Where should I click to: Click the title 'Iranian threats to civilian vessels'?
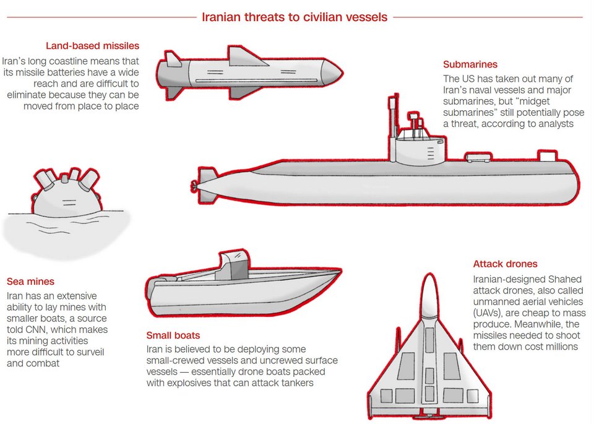pos(295,17)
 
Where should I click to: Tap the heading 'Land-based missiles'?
pos(92,46)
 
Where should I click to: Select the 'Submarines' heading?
pos(470,64)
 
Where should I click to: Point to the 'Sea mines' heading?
pos(30,282)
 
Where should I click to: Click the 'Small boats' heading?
pos(173,335)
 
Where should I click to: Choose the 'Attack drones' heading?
pos(505,264)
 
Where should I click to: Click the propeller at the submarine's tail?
pos(196,185)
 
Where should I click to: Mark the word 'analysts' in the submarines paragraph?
pos(554,124)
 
